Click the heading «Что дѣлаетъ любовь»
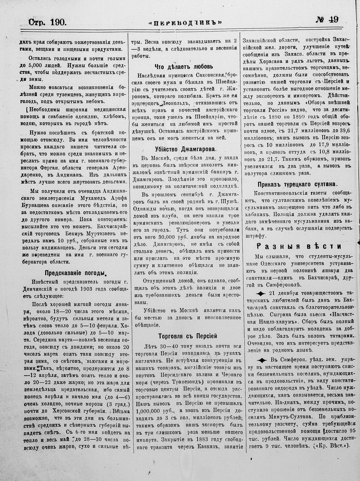tap(184, 66)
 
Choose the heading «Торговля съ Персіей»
tap(188, 336)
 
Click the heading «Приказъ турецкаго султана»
tap(297, 184)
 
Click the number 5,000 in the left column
tap(40, 65)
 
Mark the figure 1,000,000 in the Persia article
tap(150, 411)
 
